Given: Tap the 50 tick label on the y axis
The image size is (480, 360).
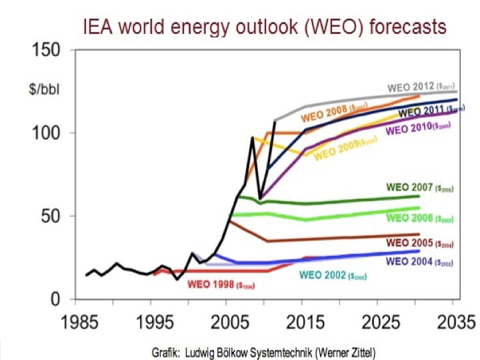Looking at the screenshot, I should pos(51,216).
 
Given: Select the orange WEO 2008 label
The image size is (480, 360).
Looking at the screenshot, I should pos(331,115).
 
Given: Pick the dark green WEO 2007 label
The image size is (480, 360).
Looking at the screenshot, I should pos(419,187).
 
